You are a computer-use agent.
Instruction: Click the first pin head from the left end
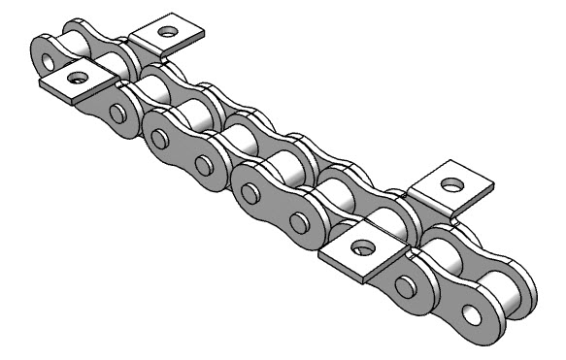117,114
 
